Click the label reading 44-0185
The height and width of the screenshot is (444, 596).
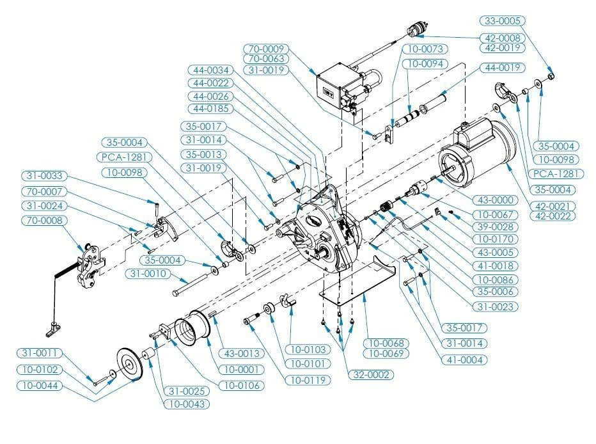tap(210, 109)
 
